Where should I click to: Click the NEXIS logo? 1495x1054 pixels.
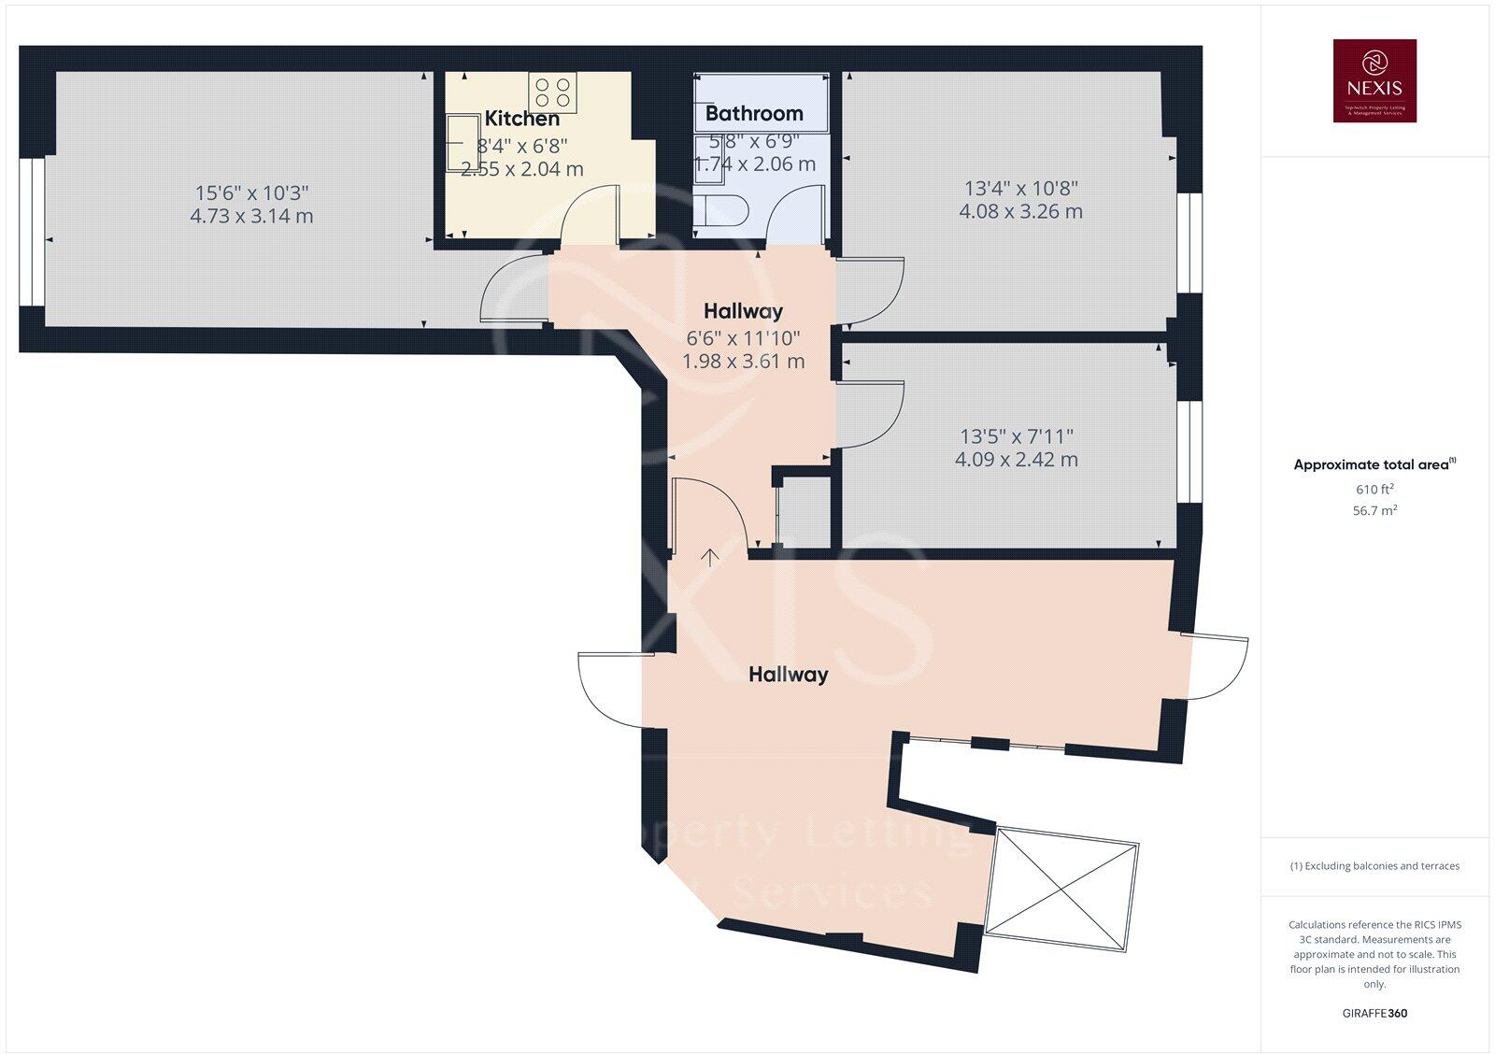(x=1374, y=80)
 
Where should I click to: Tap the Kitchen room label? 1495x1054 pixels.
(x=521, y=119)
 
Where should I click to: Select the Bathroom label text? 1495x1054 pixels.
(x=754, y=114)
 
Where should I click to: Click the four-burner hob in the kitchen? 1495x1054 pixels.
(x=553, y=92)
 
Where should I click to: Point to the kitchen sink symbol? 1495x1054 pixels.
(x=460, y=143)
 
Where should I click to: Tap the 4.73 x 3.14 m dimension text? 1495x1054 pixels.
(x=251, y=216)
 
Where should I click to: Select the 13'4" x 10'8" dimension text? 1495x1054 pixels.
(x=1020, y=188)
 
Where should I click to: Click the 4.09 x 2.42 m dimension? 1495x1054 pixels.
(x=1016, y=460)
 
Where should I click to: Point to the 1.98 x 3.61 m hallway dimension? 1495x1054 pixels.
(x=743, y=361)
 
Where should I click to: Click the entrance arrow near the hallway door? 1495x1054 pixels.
(x=710, y=558)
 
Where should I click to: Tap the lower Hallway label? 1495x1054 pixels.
(x=788, y=675)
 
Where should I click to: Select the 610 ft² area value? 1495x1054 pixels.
(x=1374, y=490)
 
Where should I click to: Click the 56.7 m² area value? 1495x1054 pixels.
(x=1374, y=511)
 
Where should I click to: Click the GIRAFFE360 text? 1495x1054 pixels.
(x=1374, y=1013)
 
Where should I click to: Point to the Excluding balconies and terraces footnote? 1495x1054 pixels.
(x=1374, y=866)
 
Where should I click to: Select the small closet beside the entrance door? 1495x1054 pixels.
(x=804, y=513)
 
